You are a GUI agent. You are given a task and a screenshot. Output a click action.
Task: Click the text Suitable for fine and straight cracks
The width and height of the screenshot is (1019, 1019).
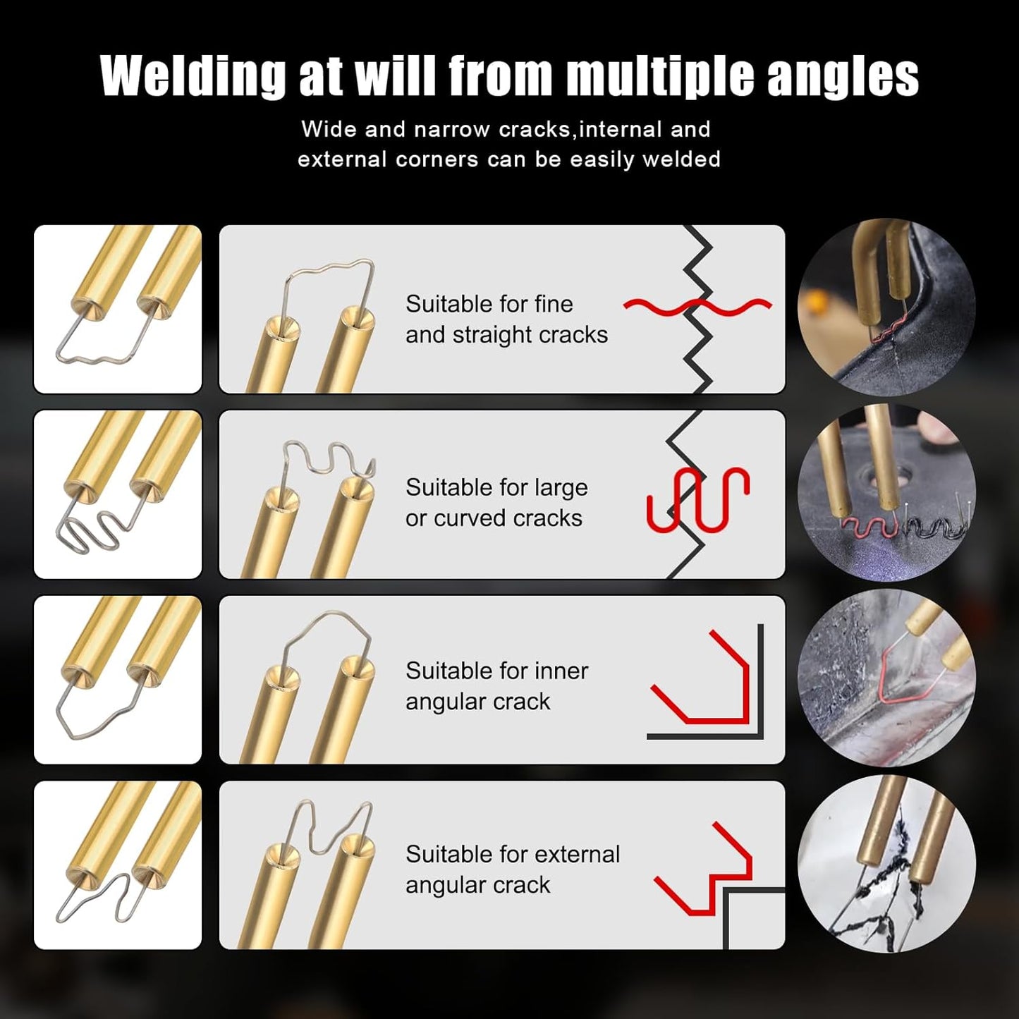pyautogui.click(x=506, y=319)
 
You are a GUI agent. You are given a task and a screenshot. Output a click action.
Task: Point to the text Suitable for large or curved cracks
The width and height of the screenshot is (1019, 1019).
pyautogui.click(x=496, y=503)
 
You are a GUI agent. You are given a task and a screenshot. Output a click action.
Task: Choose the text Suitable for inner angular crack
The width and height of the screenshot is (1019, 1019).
pyautogui.click(x=496, y=686)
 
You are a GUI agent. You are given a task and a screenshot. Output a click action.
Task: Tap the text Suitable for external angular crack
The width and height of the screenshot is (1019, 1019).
pyautogui.click(x=512, y=869)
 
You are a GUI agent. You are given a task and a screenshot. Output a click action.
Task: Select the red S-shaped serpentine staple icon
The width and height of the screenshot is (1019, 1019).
pyautogui.click(x=697, y=498)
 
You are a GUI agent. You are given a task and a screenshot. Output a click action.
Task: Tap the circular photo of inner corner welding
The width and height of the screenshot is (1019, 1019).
pyautogui.click(x=886, y=678)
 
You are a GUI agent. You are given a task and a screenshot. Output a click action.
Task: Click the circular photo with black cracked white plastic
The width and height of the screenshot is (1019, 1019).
pyautogui.click(x=886, y=864)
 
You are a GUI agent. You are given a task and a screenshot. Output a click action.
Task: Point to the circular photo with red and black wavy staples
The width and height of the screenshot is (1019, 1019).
pyautogui.click(x=886, y=493)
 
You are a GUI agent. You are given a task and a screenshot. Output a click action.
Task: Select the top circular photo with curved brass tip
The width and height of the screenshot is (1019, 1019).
pyautogui.click(x=886, y=307)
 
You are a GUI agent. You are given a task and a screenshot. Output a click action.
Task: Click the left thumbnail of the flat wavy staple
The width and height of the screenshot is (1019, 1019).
pyautogui.click(x=118, y=309)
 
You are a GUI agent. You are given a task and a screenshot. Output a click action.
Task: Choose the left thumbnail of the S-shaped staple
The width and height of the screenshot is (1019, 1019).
pyautogui.click(x=118, y=494)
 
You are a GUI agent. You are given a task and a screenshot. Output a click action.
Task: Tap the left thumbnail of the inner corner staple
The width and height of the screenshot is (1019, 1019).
pyautogui.click(x=118, y=680)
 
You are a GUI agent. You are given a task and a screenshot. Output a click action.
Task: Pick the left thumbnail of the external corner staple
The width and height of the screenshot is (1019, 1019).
pyautogui.click(x=118, y=865)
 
